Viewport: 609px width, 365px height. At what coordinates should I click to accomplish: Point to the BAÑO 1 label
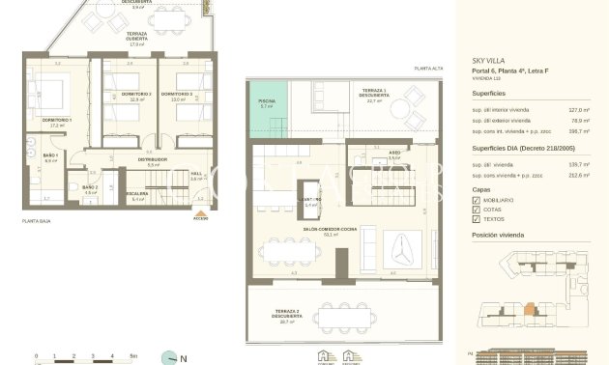[51, 156]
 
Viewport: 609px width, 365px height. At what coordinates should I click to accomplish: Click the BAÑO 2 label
[90, 187]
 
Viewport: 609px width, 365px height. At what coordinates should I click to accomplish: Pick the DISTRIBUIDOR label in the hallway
[153, 159]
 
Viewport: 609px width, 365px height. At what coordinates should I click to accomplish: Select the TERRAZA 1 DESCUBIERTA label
[373, 94]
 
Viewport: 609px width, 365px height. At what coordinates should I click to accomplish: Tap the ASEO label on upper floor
[368, 155]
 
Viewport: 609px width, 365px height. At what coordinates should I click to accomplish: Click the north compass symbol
[170, 356]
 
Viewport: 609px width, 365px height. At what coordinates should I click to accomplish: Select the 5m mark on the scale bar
[134, 356]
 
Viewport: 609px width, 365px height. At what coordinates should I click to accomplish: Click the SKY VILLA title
[489, 60]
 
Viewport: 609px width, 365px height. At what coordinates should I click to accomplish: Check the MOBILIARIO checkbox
[477, 199]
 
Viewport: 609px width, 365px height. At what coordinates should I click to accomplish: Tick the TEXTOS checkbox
[477, 220]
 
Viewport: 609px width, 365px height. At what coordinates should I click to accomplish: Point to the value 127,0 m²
[579, 110]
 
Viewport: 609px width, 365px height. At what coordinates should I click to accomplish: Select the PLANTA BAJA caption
[37, 221]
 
